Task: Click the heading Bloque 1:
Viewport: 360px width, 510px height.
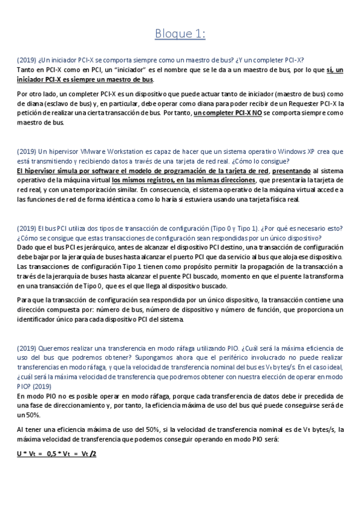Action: [180, 34]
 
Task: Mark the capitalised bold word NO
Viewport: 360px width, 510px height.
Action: [257, 113]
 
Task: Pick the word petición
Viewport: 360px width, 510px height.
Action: [28, 113]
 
